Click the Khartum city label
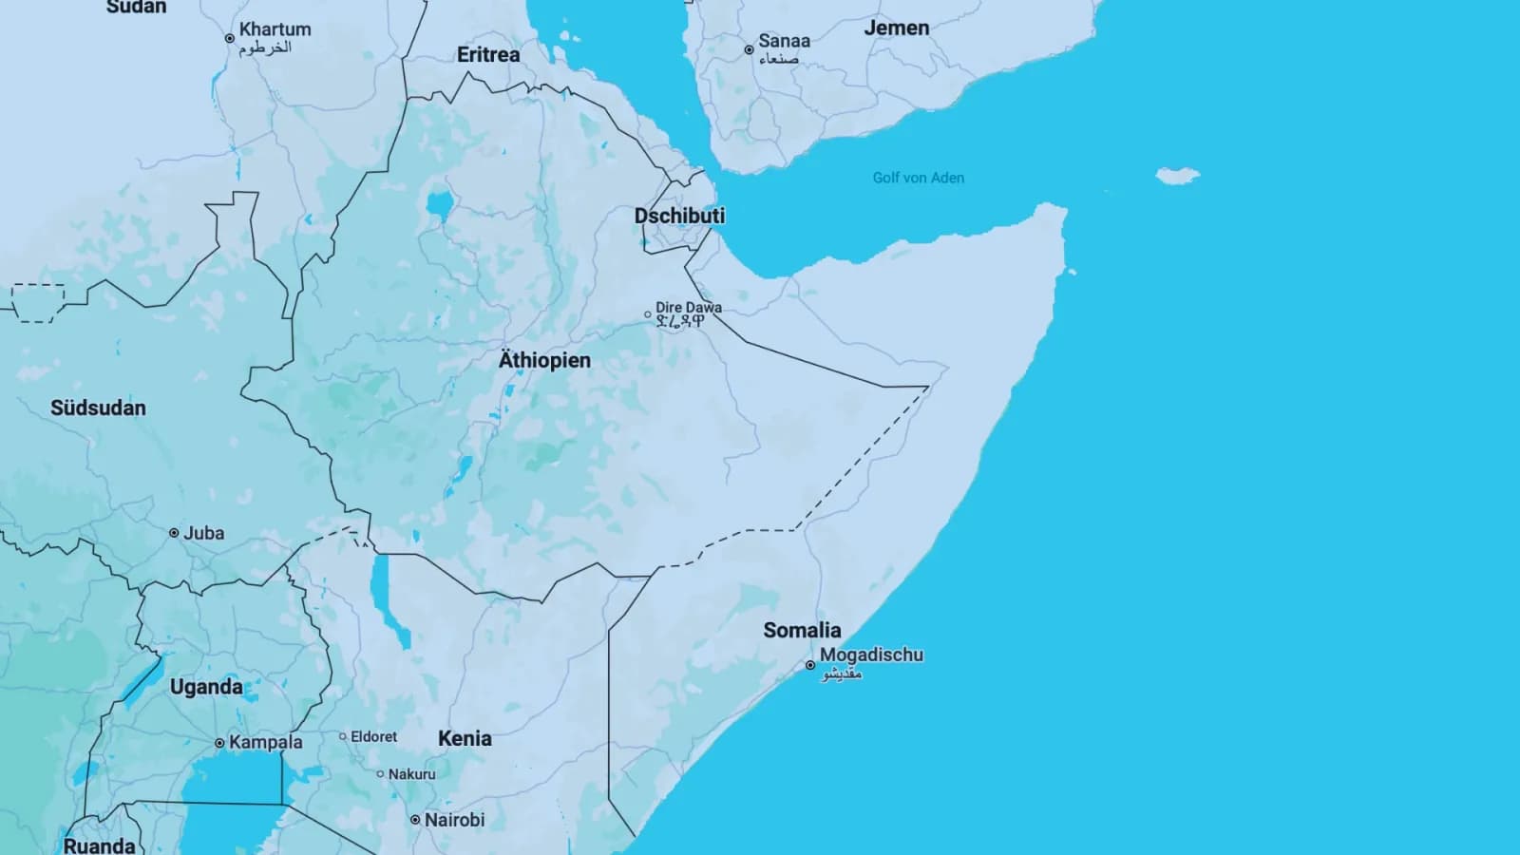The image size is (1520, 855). pos(275,29)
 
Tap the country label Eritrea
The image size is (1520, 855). pos(488,55)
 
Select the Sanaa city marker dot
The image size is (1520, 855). pos(749,49)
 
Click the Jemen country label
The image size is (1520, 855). pos(896,28)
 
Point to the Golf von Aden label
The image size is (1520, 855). pos(918,178)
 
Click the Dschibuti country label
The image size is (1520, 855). pos(679,216)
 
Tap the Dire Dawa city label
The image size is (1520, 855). pos(688,308)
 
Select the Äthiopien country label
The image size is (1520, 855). pos(544,360)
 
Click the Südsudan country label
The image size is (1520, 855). pos(98,408)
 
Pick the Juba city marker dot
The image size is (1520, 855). pos(174,533)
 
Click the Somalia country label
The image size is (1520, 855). pos(802,630)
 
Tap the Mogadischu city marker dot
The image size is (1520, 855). pos(810,665)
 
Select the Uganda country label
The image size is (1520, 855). pos(206,687)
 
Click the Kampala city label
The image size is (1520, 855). pos(265,742)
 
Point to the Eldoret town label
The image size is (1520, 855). pos(373,736)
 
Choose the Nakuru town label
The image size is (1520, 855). pos(411,774)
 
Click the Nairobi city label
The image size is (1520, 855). pos(454,819)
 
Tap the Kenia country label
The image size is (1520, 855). pos(465,738)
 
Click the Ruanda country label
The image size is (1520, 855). pos(99,845)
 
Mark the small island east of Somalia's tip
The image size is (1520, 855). pos(1177,176)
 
